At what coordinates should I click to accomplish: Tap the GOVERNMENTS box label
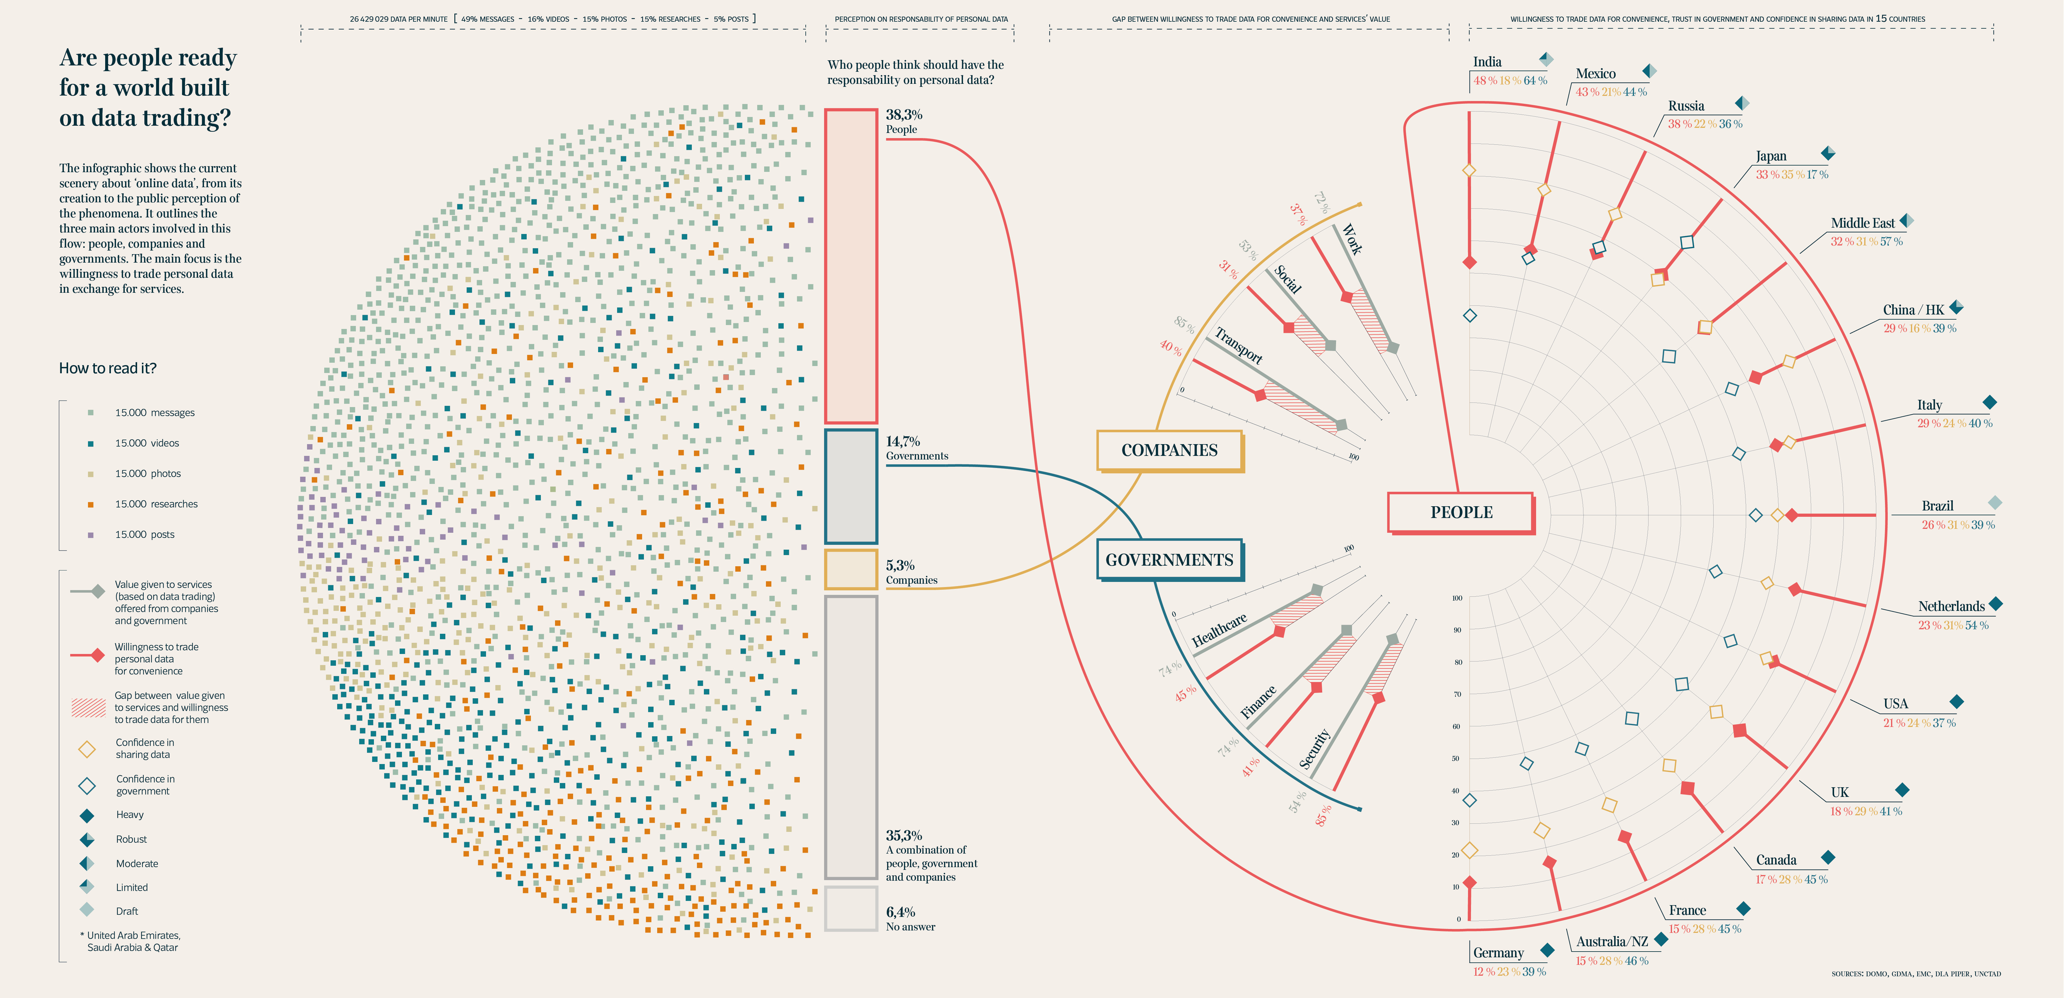[1169, 560]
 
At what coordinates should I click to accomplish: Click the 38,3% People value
[904, 115]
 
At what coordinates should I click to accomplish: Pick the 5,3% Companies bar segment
[851, 569]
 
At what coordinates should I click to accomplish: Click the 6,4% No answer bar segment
[851, 908]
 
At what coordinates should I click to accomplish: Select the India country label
[1487, 62]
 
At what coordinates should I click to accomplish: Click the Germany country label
[1498, 952]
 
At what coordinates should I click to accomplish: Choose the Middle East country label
[1862, 223]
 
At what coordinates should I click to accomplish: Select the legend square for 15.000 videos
[90, 443]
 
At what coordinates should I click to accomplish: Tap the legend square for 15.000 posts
[90, 535]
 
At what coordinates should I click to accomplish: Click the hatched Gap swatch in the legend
[88, 707]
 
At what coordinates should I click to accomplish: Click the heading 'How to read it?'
[107, 368]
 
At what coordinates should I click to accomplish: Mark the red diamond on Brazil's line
[1792, 515]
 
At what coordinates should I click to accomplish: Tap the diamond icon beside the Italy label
[1990, 403]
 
